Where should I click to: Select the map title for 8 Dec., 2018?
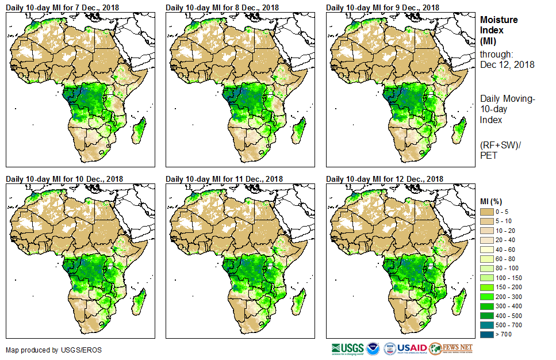click(222, 7)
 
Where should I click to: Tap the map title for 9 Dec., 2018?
click(382, 7)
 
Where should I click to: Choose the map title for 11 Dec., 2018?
click(224, 179)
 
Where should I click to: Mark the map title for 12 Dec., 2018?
click(385, 179)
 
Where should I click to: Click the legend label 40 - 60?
click(506, 250)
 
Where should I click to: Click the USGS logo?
click(348, 348)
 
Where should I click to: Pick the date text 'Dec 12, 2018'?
click(507, 65)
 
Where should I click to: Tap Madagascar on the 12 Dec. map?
click(458, 300)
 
